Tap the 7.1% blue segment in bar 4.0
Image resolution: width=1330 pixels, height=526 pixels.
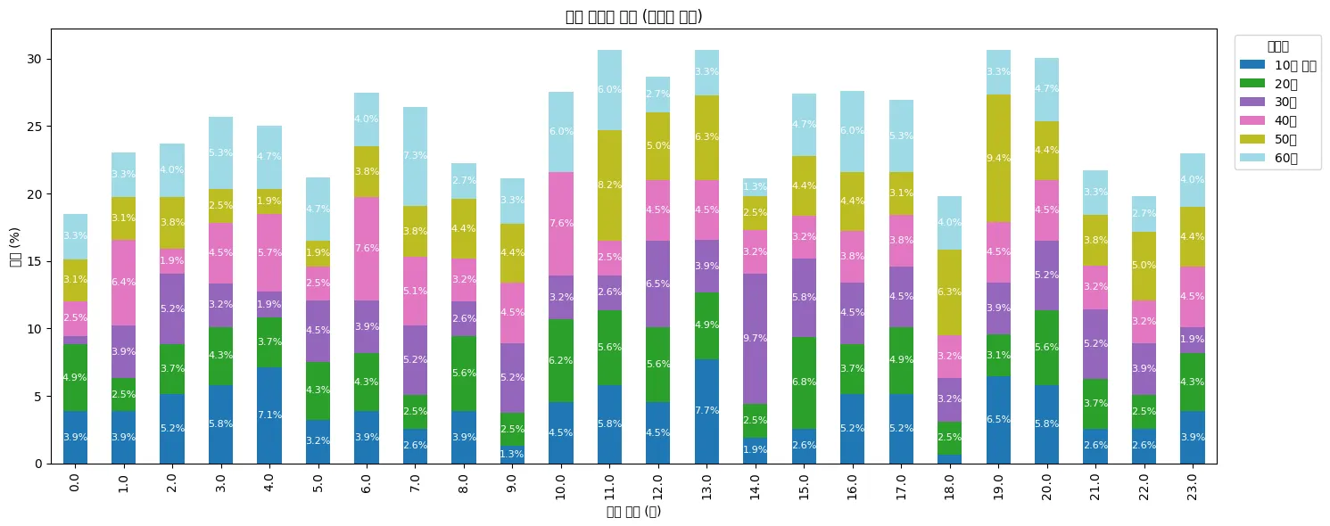pos(269,415)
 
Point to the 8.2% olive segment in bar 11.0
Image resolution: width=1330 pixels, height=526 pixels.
pos(610,185)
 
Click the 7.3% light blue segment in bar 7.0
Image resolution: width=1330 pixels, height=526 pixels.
pos(416,156)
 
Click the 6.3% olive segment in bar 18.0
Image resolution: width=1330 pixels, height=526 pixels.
pos(950,292)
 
